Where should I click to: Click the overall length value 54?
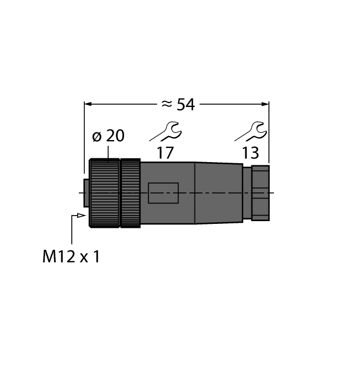tap(185, 104)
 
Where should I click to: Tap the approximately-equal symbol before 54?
tap(166, 104)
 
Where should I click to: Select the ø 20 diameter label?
tap(108, 136)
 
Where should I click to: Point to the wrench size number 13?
tap(251, 153)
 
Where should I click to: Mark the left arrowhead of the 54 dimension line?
tap(88, 103)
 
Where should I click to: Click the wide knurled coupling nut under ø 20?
tap(104, 192)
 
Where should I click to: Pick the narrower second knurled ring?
tap(130, 192)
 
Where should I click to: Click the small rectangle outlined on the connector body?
tap(163, 193)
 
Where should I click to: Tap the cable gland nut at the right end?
tap(260, 192)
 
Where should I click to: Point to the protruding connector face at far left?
tap(85, 192)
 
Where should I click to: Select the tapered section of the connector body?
tap(219, 192)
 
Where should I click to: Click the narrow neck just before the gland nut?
tap(246, 192)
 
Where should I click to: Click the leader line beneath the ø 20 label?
tap(109, 151)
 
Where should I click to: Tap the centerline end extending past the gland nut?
tap(273, 192)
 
